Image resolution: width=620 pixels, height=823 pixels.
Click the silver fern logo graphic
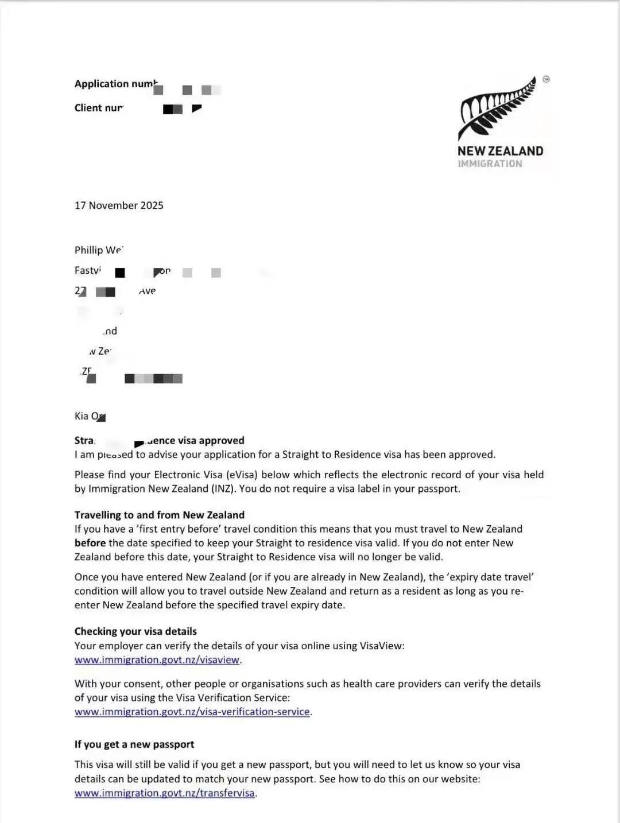click(497, 108)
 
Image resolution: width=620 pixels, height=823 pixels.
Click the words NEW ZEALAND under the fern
click(500, 151)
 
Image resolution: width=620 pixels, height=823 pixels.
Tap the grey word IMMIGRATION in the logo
click(490, 164)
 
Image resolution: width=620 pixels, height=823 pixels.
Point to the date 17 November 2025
click(119, 205)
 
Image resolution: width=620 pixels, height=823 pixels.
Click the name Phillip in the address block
click(88, 250)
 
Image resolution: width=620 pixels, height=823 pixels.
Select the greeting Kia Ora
click(90, 416)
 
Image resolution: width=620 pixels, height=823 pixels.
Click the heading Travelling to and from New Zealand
click(160, 515)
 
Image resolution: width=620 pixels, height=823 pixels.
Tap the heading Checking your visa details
click(135, 631)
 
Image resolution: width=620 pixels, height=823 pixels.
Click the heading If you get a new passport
click(134, 744)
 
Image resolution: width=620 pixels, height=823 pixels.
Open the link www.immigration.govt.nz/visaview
click(157, 660)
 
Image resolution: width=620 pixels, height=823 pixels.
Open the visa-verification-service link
click(192, 712)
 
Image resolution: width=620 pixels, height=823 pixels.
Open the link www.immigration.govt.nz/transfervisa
click(164, 793)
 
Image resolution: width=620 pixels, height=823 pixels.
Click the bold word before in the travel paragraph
click(90, 543)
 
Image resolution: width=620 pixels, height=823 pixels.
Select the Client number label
click(98, 108)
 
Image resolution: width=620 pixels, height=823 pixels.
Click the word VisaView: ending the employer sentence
click(382, 646)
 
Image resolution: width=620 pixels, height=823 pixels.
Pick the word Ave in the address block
click(148, 291)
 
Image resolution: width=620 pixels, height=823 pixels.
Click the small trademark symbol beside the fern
click(546, 79)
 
